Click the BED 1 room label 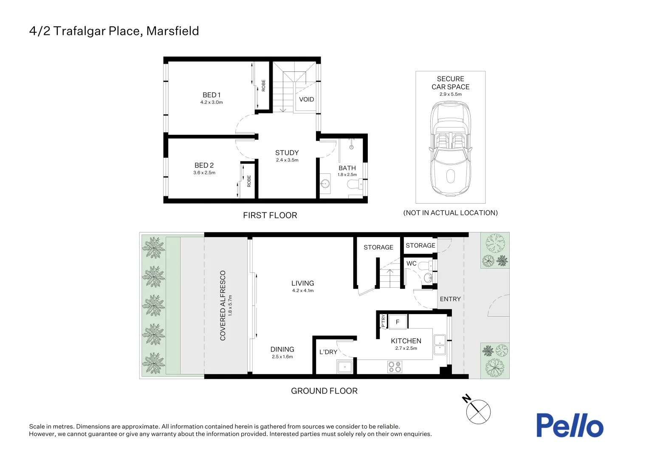(x=212, y=95)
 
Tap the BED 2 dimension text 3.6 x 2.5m (x=204, y=173)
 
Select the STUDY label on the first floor (x=287, y=153)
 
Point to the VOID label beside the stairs (x=307, y=99)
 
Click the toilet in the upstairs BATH (x=355, y=184)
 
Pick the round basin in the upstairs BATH (x=325, y=184)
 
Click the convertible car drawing (x=451, y=148)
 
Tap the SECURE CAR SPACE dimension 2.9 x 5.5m (x=451, y=94)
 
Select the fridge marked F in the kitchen (x=398, y=322)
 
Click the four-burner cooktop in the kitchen (x=395, y=366)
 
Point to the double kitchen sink (x=440, y=345)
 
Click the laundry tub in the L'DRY (x=344, y=367)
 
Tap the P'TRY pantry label (x=383, y=321)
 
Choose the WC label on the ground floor (x=412, y=263)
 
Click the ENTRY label (x=450, y=299)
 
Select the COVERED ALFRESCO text (x=223, y=305)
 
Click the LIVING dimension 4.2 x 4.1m (x=303, y=291)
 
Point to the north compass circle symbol (x=478, y=412)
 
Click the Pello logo (x=570, y=425)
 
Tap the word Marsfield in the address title (x=173, y=31)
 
